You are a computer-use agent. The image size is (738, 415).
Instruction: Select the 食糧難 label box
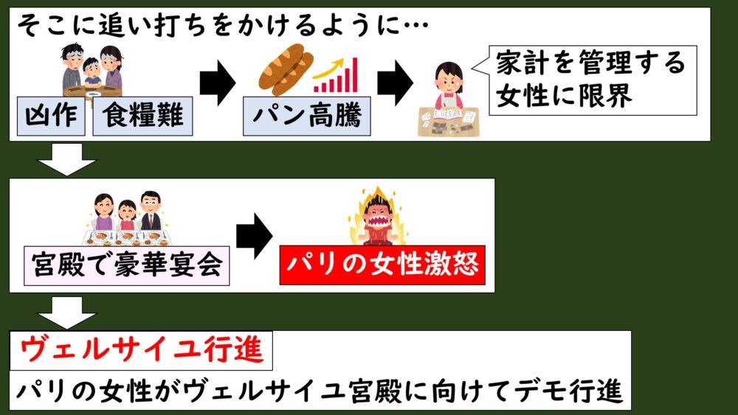142,116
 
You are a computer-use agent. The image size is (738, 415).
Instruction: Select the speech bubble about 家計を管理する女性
587,79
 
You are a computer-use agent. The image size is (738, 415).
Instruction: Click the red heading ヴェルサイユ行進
141,349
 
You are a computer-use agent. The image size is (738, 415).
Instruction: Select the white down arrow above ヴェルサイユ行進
66,311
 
